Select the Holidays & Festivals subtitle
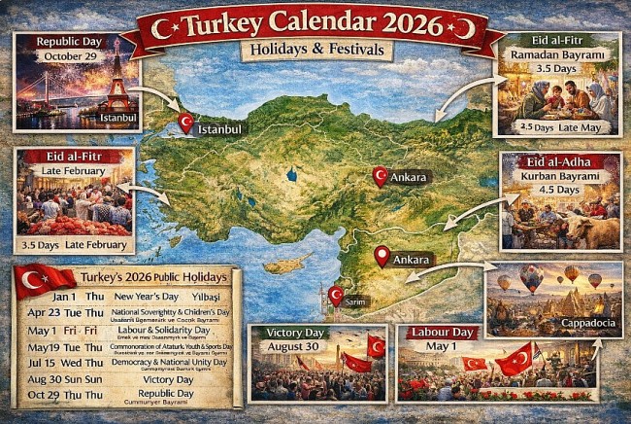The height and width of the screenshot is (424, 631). pyautogui.click(x=315, y=49)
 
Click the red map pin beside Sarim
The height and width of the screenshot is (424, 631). pyautogui.click(x=336, y=295)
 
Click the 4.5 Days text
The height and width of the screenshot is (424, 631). pyautogui.click(x=560, y=189)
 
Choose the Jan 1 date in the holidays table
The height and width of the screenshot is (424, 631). pyautogui.click(x=64, y=296)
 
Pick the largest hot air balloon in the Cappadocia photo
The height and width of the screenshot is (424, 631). pyautogui.click(x=530, y=278)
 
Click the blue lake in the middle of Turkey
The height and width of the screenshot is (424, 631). pyautogui.click(x=290, y=177)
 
